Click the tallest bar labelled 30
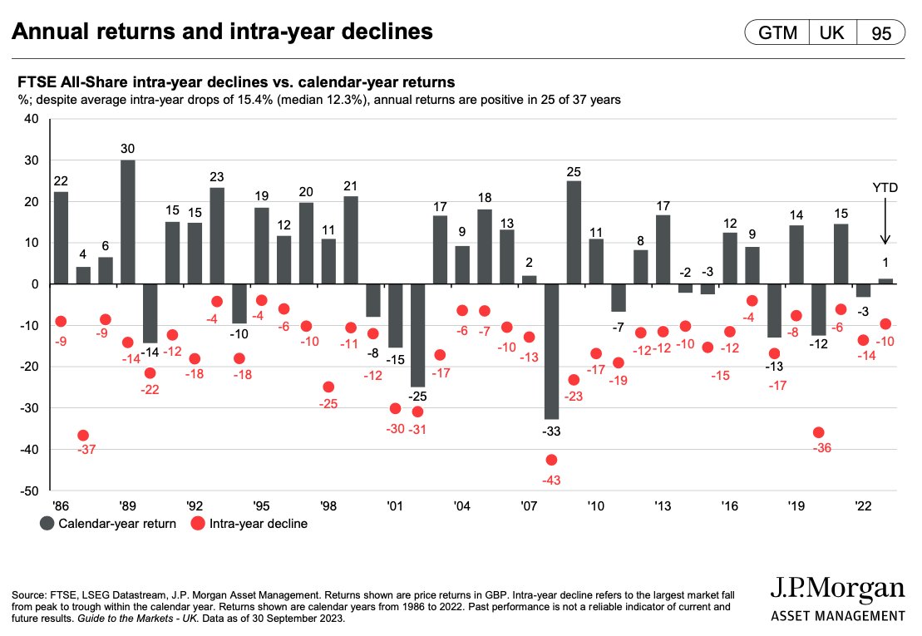tap(128, 221)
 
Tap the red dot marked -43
tap(550, 460)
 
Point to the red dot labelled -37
tap(83, 436)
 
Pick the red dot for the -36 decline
tap(818, 432)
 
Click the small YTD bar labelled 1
tap(885, 281)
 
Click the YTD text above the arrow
tap(885, 189)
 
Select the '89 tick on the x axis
tap(127, 505)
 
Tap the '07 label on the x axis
tap(528, 505)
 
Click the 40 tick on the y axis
tap(31, 119)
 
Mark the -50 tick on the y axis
tap(28, 491)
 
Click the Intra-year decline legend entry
tap(249, 524)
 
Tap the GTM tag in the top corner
tap(777, 33)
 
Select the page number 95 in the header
tap(881, 33)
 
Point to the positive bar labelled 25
tap(573, 232)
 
